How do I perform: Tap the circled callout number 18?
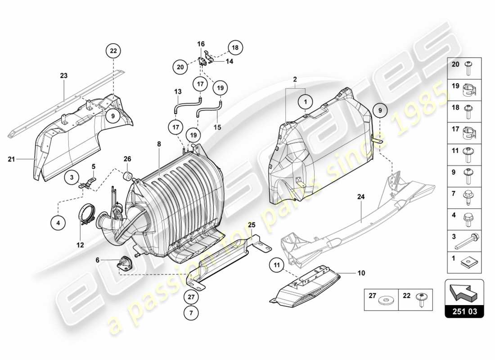coord(234,47)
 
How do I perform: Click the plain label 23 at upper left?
coord(64,76)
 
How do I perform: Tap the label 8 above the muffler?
coord(158,144)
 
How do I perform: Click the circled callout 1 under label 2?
coord(305,102)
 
